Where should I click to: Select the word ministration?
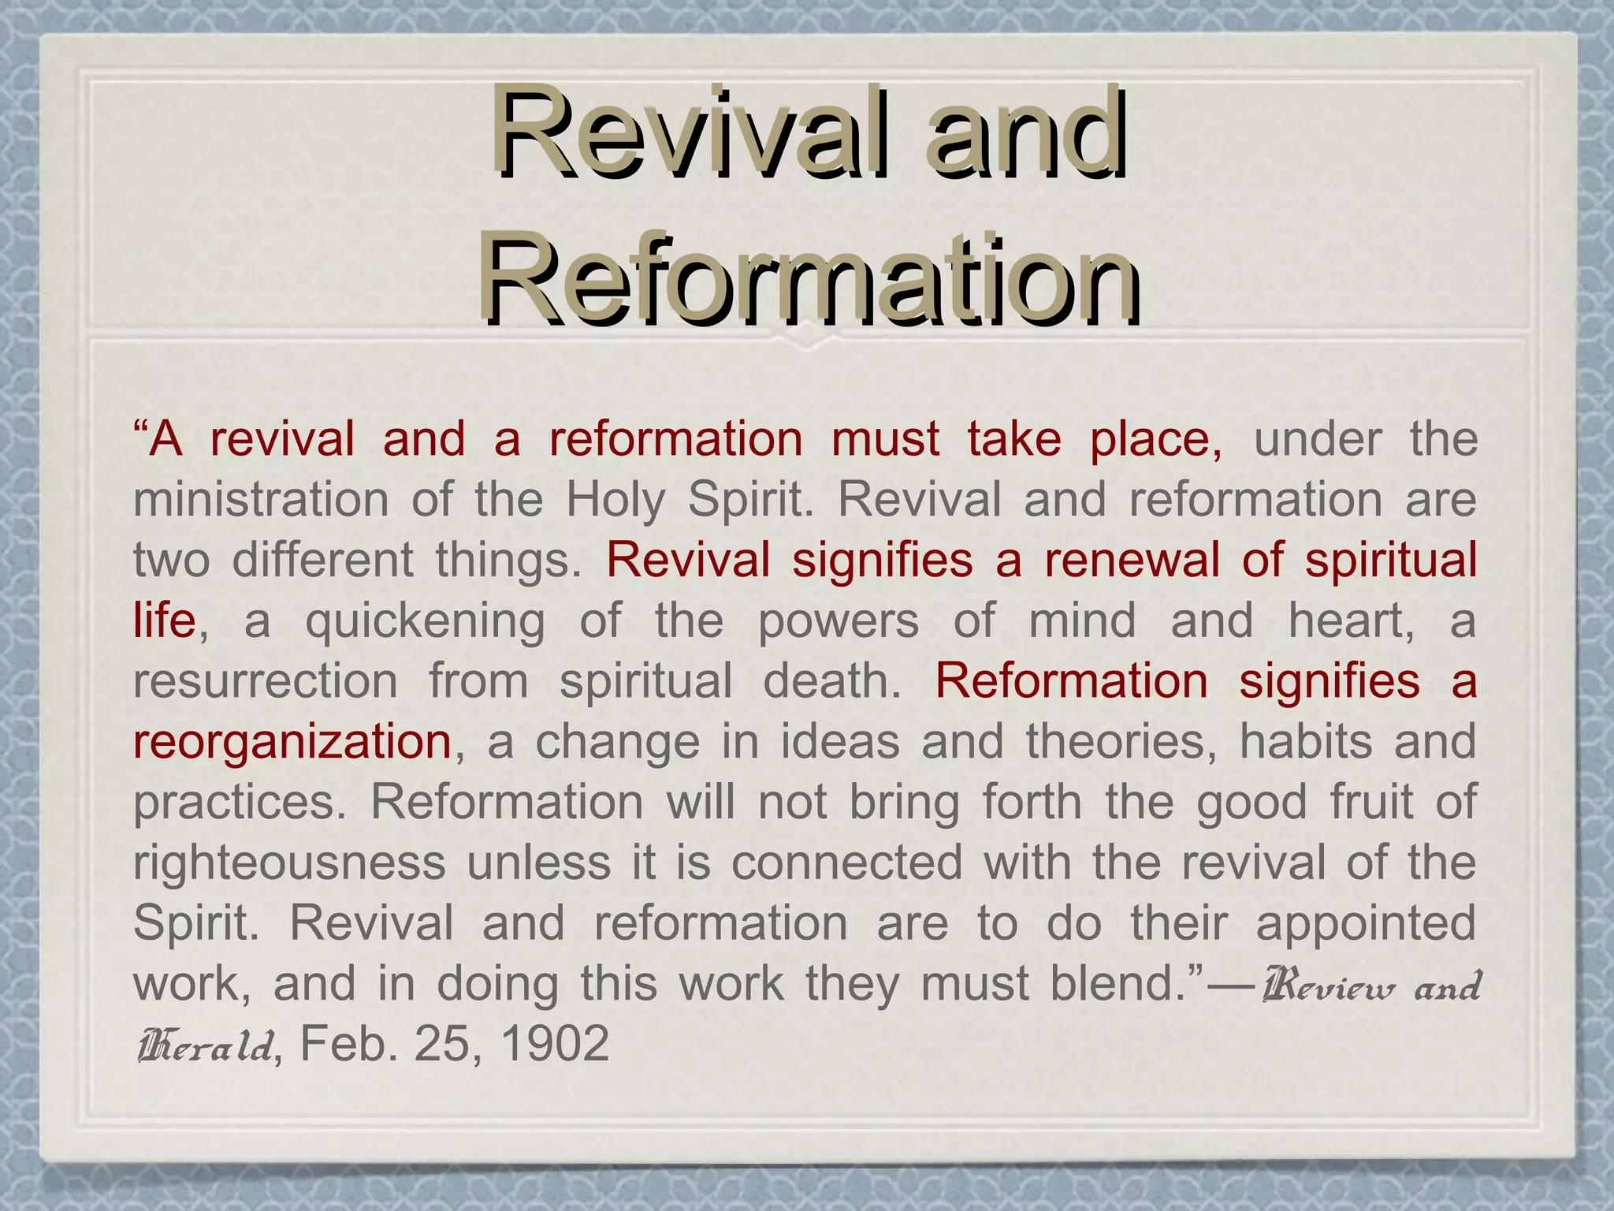coord(261,500)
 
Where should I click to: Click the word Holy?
coord(616,500)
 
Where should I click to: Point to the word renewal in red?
coord(1132,561)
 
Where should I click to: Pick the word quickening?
coord(425,621)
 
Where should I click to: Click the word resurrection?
coord(266,681)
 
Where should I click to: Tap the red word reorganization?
coord(292,742)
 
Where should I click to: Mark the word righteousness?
coord(289,863)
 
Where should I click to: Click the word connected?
coord(847,863)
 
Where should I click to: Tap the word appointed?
coord(1366,923)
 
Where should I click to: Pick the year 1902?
coord(555,1045)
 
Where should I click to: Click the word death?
coord(831,681)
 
